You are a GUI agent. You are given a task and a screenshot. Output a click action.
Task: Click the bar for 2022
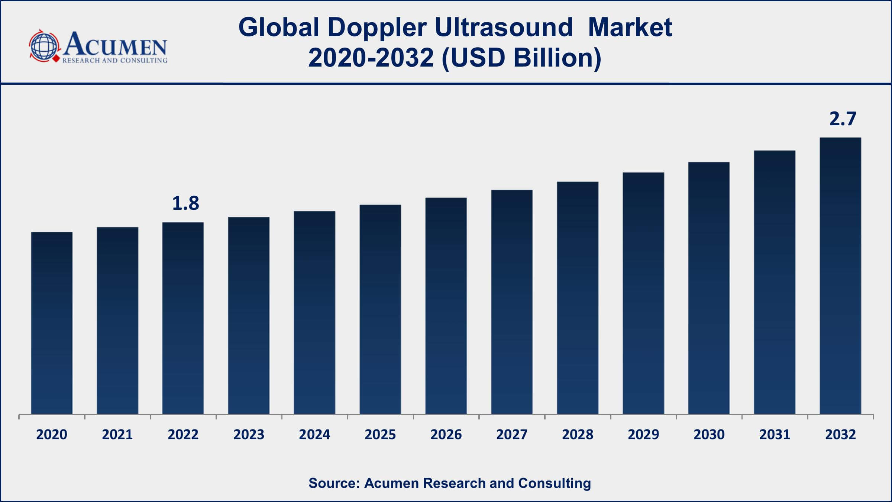click(183, 318)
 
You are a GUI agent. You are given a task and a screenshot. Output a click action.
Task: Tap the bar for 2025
click(380, 309)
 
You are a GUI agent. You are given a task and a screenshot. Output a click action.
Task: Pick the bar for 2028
click(578, 297)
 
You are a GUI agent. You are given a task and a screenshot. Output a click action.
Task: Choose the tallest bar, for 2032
click(840, 276)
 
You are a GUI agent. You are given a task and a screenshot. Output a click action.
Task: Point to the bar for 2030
click(709, 288)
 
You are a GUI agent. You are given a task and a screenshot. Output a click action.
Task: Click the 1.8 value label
click(185, 203)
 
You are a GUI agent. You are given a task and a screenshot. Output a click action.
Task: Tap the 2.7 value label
click(843, 119)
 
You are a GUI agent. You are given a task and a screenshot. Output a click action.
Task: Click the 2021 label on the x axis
click(117, 434)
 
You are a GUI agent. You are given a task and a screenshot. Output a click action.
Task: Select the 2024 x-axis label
click(314, 434)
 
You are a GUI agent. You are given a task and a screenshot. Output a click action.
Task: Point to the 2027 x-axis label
click(512, 434)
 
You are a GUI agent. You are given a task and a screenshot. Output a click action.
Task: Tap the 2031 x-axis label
click(775, 434)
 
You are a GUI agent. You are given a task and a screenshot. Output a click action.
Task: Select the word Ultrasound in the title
click(504, 27)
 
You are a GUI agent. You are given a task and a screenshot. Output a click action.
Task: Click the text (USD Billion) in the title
click(521, 58)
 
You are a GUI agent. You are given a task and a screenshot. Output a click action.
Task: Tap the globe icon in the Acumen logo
click(44, 46)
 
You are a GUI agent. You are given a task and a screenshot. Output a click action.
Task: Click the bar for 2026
click(446, 306)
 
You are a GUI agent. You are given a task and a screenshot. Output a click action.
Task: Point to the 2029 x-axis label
click(643, 434)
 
